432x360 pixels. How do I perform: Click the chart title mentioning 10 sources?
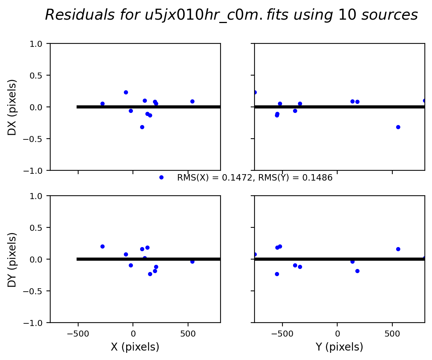[x=231, y=15]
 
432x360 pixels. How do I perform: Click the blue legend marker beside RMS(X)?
[x=161, y=177]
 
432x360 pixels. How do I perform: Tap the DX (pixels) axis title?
[x=12, y=107]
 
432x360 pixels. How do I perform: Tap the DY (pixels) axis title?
[x=12, y=260]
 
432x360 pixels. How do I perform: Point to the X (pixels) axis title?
[x=135, y=347]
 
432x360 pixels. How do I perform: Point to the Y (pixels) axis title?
[x=339, y=347]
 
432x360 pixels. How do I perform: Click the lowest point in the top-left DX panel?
[x=142, y=127]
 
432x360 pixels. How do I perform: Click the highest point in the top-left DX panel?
[x=126, y=92]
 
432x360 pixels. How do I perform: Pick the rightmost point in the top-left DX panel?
[x=192, y=101]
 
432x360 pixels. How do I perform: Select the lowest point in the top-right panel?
[x=398, y=127]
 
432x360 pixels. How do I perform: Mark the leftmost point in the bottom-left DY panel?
[x=102, y=246]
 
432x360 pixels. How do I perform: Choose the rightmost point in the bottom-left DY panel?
[x=192, y=261]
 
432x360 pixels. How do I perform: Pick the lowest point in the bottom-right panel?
[x=277, y=274]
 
